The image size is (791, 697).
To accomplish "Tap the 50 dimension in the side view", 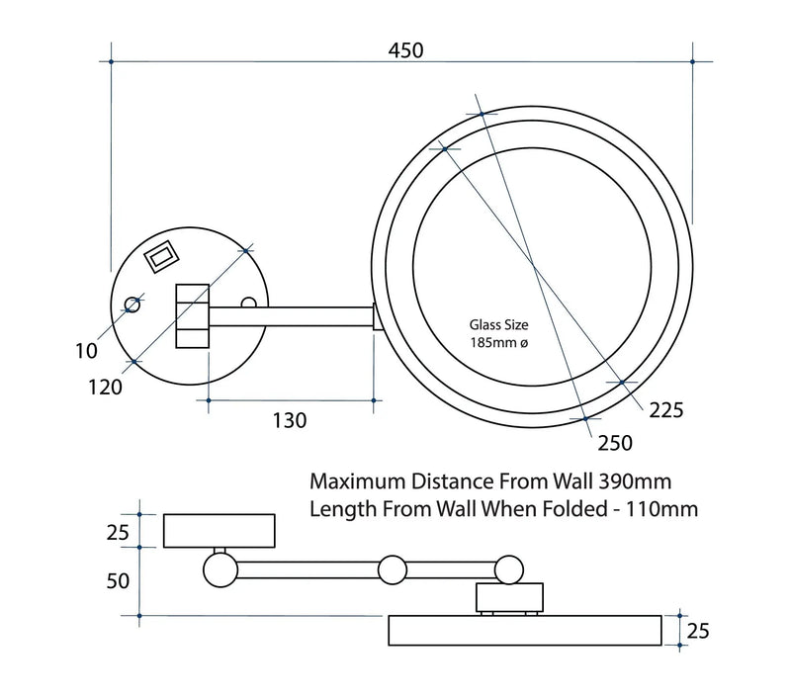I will point(118,580).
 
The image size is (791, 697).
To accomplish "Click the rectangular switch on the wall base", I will point(160,258).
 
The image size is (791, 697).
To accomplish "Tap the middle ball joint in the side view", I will point(393,569).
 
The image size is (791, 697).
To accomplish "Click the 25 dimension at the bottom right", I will point(699,630).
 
